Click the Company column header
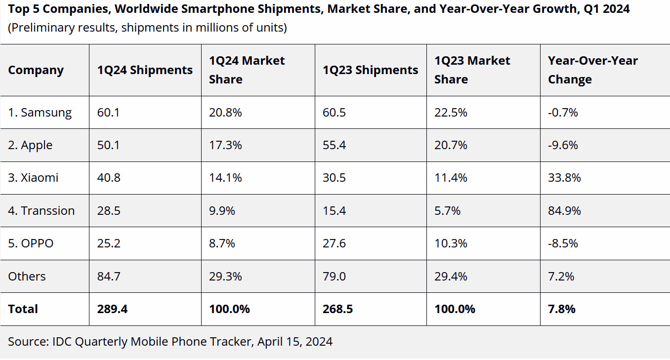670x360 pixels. click(36, 70)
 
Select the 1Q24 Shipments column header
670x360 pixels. click(145, 70)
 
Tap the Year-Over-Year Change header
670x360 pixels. click(592, 70)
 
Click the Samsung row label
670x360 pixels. click(40, 113)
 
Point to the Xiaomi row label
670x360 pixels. click(33, 178)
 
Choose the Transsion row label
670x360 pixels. click(41, 211)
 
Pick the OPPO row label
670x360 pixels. click(31, 243)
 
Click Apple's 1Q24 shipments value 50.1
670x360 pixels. click(109, 145)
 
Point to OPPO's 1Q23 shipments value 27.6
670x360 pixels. click(334, 243)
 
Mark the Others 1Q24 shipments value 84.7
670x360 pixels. click(109, 276)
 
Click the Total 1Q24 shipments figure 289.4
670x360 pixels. click(112, 309)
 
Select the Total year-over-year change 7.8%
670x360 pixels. click(562, 309)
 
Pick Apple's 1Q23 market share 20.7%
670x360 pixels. click(451, 145)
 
